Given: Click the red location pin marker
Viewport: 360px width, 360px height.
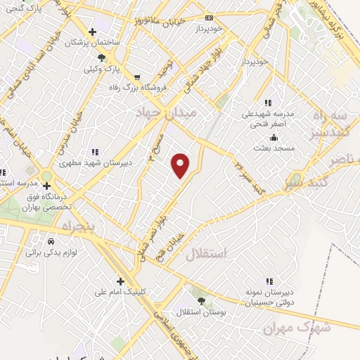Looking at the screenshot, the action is [181, 166].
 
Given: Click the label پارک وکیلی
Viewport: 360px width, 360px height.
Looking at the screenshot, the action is [98, 69].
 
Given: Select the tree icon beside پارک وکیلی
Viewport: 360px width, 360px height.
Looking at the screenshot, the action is [103, 58].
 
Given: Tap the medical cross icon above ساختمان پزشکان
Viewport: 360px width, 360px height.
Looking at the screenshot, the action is [92, 31].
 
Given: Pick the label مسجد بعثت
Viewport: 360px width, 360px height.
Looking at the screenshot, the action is [270, 148].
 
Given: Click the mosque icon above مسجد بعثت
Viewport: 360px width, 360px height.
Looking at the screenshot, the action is [269, 138].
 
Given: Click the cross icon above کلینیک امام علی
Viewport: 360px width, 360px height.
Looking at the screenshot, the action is [121, 280].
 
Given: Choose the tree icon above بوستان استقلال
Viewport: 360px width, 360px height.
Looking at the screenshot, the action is [201, 300].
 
